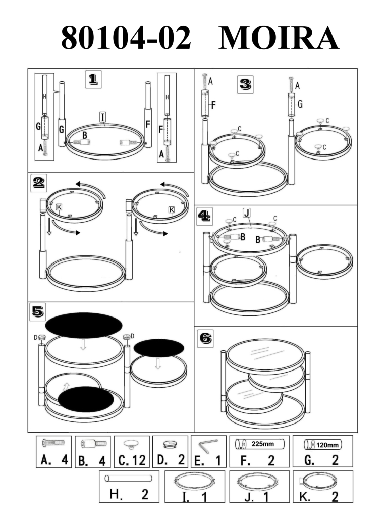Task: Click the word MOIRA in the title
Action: (x=279, y=38)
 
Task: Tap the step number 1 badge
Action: (x=93, y=80)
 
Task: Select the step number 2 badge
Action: (x=38, y=183)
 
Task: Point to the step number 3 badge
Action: (x=245, y=84)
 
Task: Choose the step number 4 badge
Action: (x=205, y=216)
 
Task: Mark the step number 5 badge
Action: (x=38, y=312)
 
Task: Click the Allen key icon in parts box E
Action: (x=207, y=445)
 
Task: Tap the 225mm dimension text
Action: (x=262, y=444)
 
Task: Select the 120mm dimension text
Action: (x=327, y=445)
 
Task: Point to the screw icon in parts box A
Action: (x=53, y=442)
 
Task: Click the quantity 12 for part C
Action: (x=139, y=460)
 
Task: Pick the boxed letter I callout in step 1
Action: (x=103, y=117)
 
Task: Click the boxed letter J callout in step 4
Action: (x=247, y=213)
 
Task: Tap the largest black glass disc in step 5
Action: (x=84, y=325)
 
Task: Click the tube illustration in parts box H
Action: (x=128, y=478)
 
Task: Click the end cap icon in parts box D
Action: (x=170, y=444)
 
